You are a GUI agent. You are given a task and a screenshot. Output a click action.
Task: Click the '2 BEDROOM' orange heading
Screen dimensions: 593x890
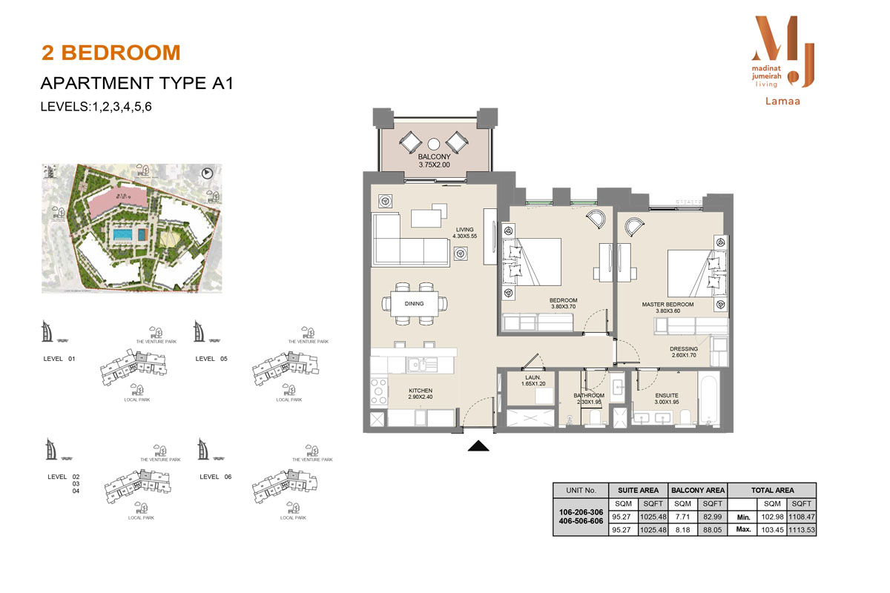pyautogui.click(x=111, y=53)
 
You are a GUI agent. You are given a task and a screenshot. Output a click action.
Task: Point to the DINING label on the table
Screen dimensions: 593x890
pyautogui.click(x=415, y=303)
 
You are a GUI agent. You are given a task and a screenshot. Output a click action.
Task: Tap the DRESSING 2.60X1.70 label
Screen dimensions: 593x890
pyautogui.click(x=682, y=353)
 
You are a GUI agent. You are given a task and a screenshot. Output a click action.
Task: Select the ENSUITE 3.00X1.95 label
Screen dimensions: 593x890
pyautogui.click(x=667, y=399)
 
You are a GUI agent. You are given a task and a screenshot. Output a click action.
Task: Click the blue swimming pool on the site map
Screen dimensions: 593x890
pyautogui.click(x=121, y=235)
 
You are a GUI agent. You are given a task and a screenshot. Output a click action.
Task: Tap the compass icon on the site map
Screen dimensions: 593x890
pyautogui.click(x=207, y=173)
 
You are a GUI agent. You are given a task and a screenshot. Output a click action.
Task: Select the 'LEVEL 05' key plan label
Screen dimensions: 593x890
pyautogui.click(x=216, y=359)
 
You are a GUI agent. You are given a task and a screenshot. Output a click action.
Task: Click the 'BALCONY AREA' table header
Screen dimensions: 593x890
pyautogui.click(x=697, y=490)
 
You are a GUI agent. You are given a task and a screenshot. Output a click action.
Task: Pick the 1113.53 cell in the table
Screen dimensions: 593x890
pyautogui.click(x=802, y=530)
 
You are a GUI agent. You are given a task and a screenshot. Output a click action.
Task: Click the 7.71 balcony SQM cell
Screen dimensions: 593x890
pyautogui.click(x=682, y=516)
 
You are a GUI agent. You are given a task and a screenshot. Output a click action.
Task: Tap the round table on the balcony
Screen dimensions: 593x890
pyautogui.click(x=435, y=144)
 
